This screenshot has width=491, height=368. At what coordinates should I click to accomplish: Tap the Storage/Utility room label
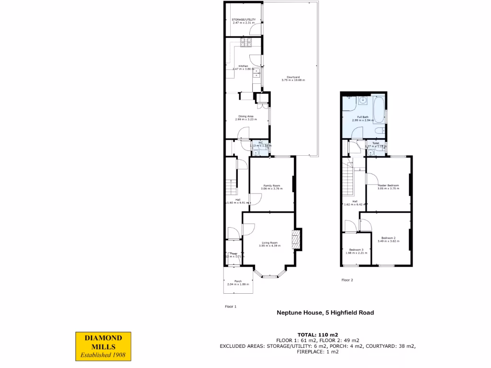pos(244,21)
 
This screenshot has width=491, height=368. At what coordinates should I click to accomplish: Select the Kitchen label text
pos(244,67)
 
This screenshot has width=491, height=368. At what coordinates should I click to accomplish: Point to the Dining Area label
pos(246,117)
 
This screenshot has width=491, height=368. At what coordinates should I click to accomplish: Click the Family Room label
pos(272,187)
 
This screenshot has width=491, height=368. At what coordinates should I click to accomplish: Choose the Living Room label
pos(270,244)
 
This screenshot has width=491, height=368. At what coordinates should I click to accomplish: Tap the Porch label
pos(238,283)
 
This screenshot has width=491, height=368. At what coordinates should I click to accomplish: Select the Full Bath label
pos(362,118)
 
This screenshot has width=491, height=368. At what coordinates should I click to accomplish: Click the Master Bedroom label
pos(388,187)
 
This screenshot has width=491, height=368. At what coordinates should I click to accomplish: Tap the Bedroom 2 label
pos(388,240)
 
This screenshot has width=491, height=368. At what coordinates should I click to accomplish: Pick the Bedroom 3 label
pos(356,251)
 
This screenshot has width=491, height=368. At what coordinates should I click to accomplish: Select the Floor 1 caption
pos(231,306)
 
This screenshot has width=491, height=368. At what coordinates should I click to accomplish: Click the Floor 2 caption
pos(347,280)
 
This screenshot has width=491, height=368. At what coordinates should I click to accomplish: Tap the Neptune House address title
pos(325,312)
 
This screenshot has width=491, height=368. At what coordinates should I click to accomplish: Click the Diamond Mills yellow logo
pos(103,346)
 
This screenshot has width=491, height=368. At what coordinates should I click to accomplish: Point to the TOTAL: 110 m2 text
pos(318,334)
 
